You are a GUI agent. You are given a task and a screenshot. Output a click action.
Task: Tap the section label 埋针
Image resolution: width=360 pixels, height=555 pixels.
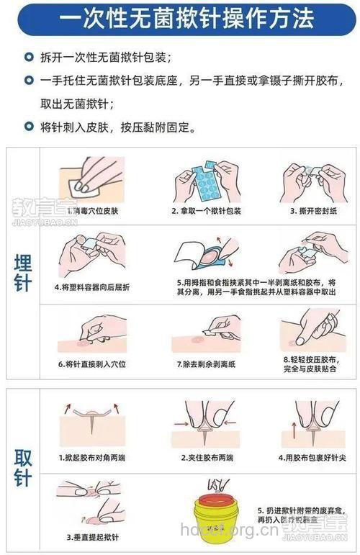tap(23, 274)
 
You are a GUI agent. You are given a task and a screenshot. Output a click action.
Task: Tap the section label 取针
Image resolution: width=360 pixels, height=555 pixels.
tap(23, 466)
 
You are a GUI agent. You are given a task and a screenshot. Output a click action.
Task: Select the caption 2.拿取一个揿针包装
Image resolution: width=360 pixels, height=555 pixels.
tap(206, 212)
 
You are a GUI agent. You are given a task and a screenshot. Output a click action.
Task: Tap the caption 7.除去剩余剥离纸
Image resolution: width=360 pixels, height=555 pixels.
tap(207, 364)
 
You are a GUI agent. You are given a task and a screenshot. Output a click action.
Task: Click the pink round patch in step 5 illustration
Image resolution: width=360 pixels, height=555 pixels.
tap(209, 258)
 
